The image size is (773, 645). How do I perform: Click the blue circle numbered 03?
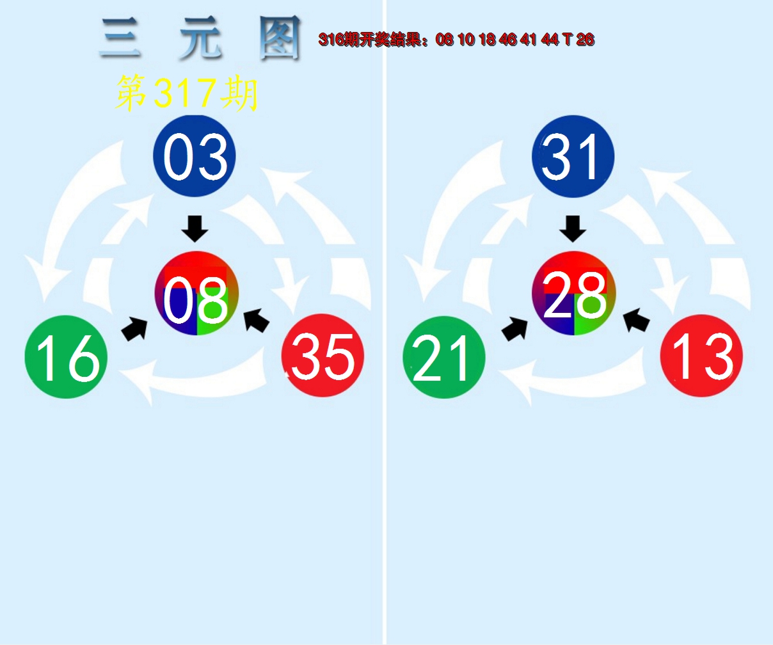[x=195, y=156]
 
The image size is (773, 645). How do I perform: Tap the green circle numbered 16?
[x=66, y=357]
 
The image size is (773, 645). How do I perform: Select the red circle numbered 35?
[x=323, y=356]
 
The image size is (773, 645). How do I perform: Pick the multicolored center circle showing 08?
[x=196, y=294]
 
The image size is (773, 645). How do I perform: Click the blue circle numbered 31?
[x=573, y=156]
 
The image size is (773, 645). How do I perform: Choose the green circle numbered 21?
[x=444, y=357]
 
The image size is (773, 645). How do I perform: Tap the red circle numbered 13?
[x=701, y=356]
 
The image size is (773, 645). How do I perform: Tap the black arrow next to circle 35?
[x=257, y=320]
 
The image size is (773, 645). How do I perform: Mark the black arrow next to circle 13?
[x=636, y=320]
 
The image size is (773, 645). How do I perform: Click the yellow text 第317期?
[x=186, y=93]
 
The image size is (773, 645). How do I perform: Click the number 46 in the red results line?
[x=508, y=40]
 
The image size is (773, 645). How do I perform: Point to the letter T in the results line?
[x=567, y=40]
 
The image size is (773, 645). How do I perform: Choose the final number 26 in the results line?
[x=585, y=40]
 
